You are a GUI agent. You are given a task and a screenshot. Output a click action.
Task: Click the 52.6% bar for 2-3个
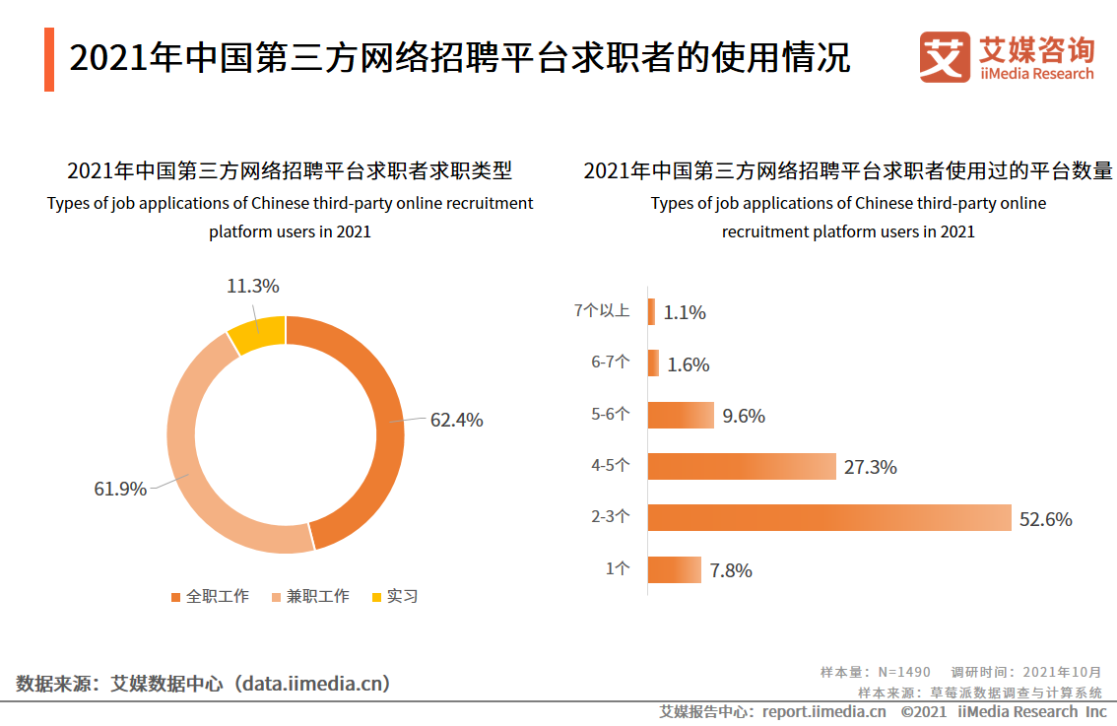pos(829,518)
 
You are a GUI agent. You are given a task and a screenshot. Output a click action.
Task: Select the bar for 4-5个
pos(742,467)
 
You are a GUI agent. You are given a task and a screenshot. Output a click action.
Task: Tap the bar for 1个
pos(675,570)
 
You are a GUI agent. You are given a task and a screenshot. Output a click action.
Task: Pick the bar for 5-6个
pos(681,415)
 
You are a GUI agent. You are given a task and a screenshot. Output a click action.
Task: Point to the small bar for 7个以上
pos(651,312)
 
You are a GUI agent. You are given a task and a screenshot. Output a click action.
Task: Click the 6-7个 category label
pos(610,363)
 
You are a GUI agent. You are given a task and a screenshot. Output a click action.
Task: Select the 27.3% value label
pos(870,467)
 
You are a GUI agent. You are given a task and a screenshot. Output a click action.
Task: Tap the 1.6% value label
pos(688,364)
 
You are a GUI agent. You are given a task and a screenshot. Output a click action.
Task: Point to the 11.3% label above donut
pos(253,287)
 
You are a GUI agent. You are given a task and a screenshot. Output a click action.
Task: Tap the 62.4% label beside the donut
pos(456,420)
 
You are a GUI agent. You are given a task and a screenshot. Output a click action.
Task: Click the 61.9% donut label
pos(120,489)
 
